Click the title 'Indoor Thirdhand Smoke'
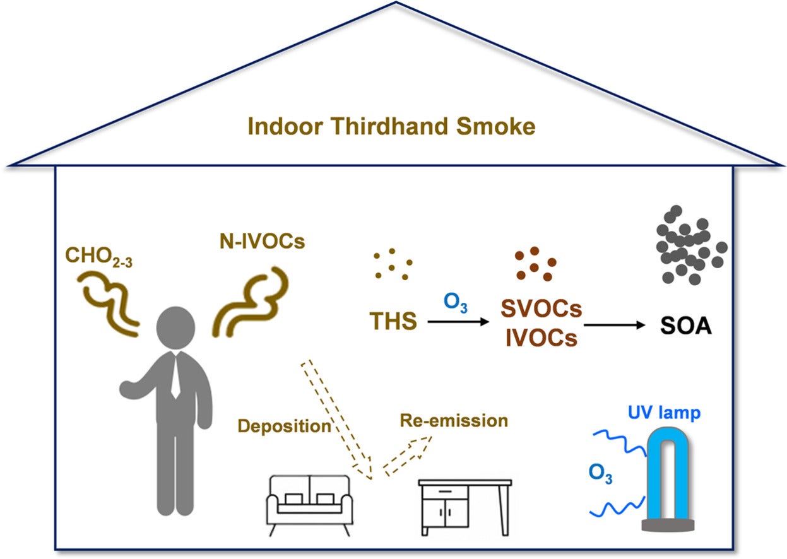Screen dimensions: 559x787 pyautogui.click(x=391, y=126)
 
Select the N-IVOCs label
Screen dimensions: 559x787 pyautogui.click(x=259, y=242)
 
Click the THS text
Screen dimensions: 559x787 pyautogui.click(x=393, y=321)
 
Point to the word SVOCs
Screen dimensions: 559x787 pyautogui.click(x=541, y=309)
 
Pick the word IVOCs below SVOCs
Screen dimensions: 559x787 pyautogui.click(x=541, y=339)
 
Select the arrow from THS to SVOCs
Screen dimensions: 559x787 pyautogui.click(x=458, y=322)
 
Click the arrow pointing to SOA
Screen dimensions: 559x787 pyautogui.click(x=615, y=326)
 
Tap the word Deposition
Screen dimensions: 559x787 pyautogui.click(x=284, y=426)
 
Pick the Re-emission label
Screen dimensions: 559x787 pyautogui.click(x=454, y=420)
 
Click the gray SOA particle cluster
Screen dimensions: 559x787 pyautogui.click(x=690, y=245)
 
